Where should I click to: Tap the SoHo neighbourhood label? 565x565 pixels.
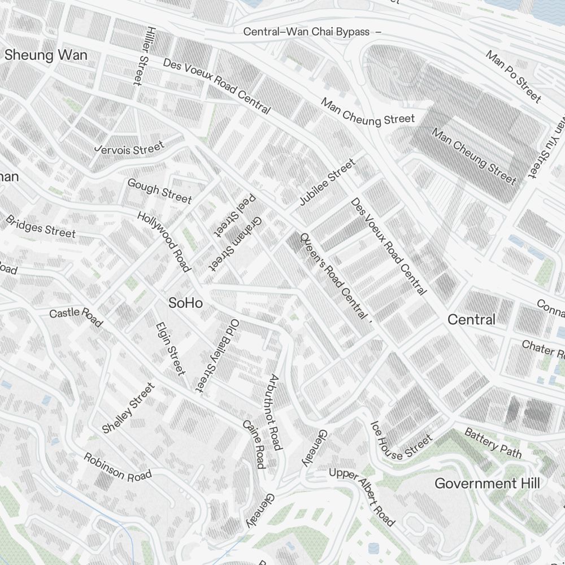pos(186,303)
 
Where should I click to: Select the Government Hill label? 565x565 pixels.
pos(487,484)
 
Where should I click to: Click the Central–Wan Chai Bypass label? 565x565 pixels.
pos(307,32)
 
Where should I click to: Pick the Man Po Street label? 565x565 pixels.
pos(513,76)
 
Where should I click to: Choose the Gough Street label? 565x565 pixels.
pos(159,190)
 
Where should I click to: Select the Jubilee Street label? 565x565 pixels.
pos(327,182)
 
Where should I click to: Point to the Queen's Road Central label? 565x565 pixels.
pos(333,275)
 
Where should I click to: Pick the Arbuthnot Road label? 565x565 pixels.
pos(275,412)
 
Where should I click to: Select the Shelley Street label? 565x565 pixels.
pos(128,408)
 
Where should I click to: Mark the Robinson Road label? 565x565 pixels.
pos(118,467)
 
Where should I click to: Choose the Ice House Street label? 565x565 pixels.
pos(401,441)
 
